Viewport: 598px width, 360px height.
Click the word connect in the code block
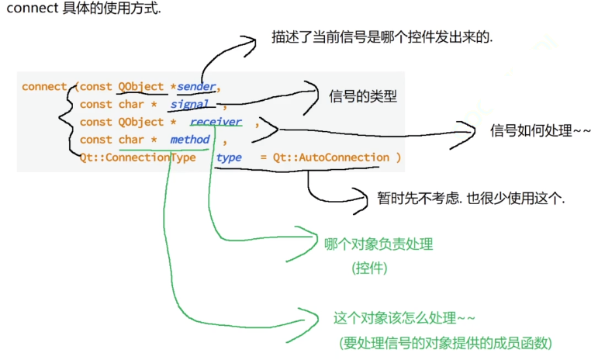tap(44, 86)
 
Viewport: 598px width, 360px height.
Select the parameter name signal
tap(190, 104)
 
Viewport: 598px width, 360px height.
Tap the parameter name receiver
tap(216, 122)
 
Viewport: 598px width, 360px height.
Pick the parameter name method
tap(190, 140)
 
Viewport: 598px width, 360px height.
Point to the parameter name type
tap(229, 157)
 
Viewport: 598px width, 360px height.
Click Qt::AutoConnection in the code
tap(331, 157)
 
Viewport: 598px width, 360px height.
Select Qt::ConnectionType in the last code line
tap(137, 157)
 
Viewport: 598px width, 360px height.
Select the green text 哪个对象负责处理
tap(379, 244)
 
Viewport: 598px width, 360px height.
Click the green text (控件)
tap(369, 268)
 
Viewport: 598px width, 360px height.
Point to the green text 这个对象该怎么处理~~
tap(404, 318)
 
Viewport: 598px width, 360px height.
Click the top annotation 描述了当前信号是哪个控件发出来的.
tap(382, 36)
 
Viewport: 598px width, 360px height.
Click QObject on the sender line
tap(141, 86)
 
